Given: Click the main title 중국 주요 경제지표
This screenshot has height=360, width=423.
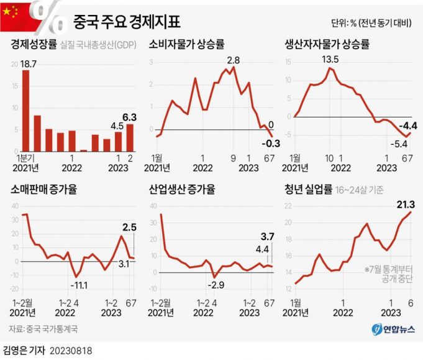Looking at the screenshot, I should click(x=127, y=22).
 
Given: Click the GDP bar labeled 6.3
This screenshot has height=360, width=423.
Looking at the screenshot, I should click(x=130, y=137).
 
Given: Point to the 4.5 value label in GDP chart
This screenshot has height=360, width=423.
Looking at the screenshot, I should click(x=117, y=126).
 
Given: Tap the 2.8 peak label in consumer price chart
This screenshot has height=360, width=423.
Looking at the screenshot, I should click(x=234, y=60).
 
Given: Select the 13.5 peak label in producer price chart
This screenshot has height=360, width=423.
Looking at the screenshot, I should click(x=330, y=60).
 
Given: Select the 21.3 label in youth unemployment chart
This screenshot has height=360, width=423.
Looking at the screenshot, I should click(x=405, y=205).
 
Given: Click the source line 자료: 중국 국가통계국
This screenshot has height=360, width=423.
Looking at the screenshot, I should click(x=44, y=328).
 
